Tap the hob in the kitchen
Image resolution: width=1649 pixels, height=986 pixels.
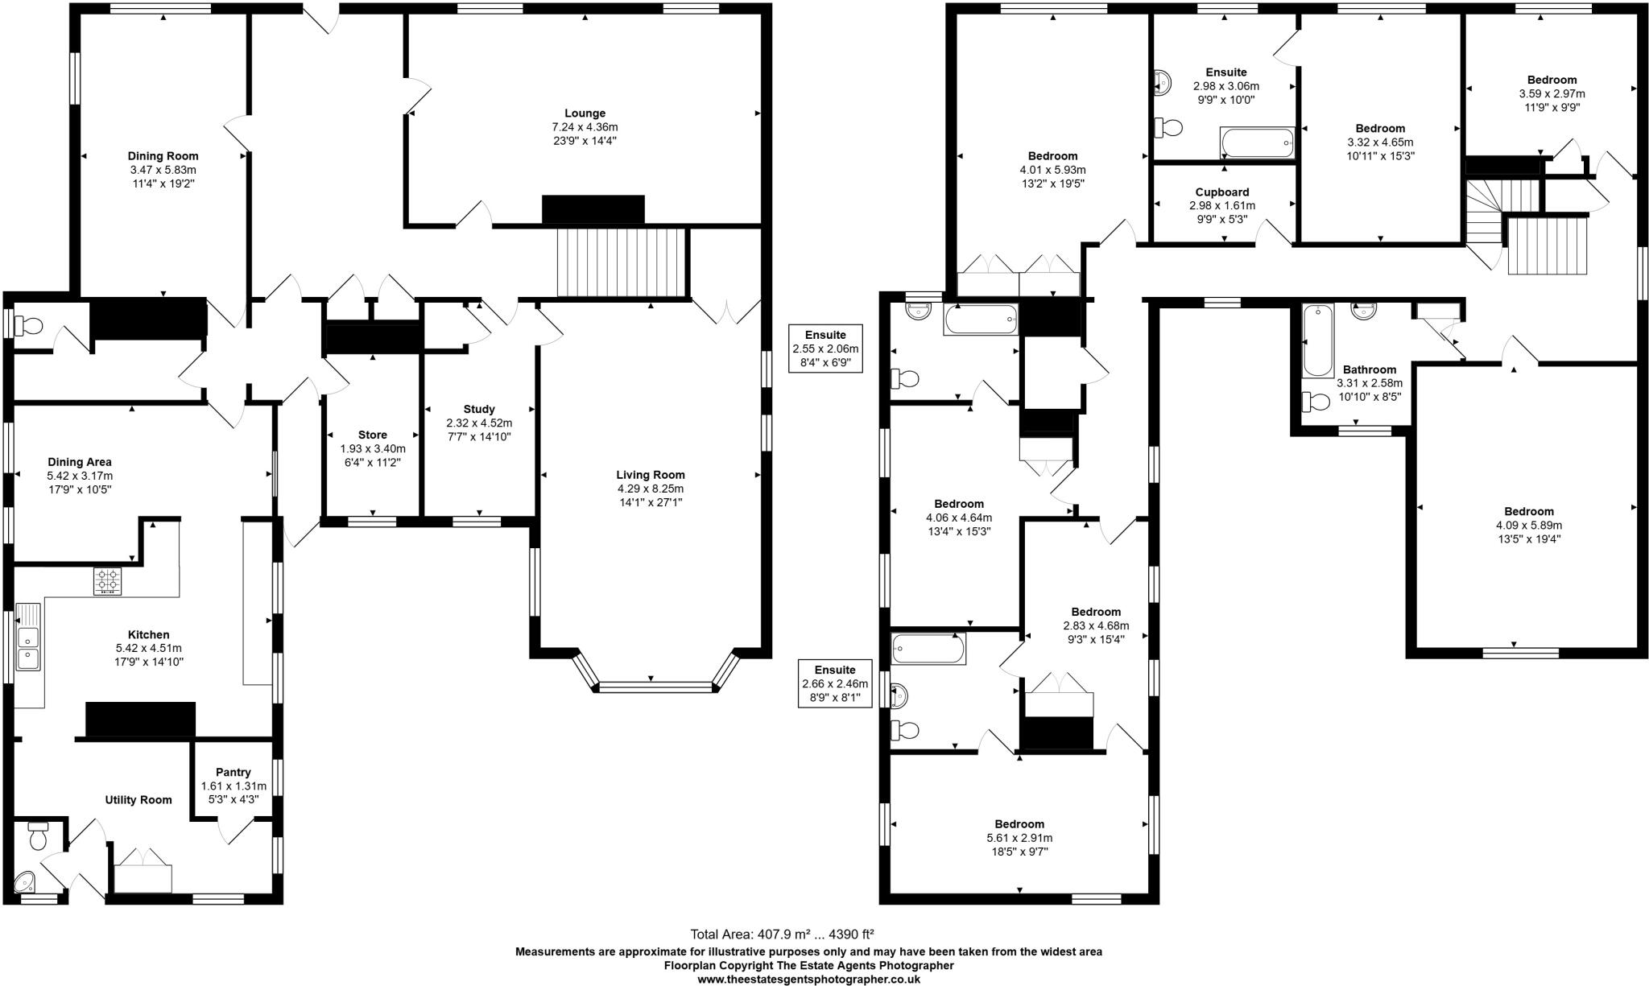108,581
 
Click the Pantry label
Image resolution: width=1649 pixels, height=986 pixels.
233,772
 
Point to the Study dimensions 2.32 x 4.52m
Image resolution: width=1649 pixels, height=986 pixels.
479,423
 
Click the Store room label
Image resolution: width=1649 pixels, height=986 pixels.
372,435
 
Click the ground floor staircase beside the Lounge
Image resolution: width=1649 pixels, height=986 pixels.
621,262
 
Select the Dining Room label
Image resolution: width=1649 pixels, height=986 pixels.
163,156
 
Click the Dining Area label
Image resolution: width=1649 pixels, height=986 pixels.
80,462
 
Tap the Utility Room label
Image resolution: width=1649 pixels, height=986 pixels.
138,799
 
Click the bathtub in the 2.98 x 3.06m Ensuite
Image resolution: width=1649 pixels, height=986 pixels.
1257,143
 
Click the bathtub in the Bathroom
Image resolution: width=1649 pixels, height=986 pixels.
1318,340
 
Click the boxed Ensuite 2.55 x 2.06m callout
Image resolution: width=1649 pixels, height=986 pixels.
825,349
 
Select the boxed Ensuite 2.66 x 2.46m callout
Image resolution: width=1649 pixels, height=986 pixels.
834,683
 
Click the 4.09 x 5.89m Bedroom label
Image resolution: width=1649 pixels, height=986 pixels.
1528,511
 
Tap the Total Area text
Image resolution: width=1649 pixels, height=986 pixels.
782,934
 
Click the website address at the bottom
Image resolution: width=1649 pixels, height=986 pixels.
808,979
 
